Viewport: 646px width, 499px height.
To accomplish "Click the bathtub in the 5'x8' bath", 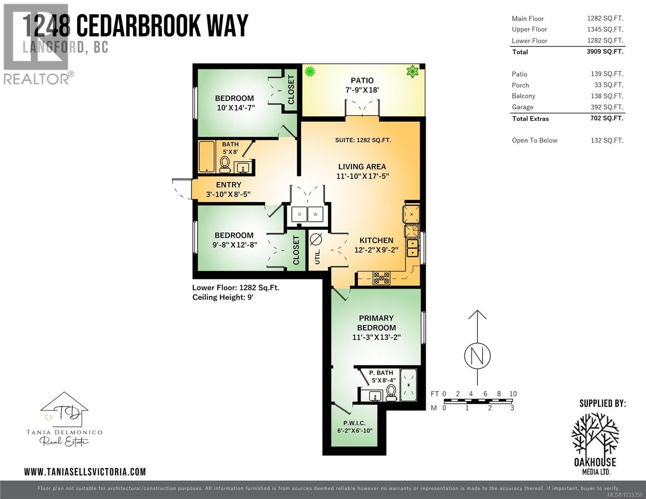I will (207, 157).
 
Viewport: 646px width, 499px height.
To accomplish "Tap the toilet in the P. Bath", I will (391, 393).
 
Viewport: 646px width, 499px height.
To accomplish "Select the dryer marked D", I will (299, 215).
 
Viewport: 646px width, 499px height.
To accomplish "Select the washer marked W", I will (315, 215).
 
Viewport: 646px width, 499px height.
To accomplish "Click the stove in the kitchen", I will (381, 278).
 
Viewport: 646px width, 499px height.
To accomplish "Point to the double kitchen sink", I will (412, 248).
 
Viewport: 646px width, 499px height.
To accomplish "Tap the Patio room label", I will (362, 81).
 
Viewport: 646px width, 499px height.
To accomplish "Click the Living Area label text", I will (362, 167).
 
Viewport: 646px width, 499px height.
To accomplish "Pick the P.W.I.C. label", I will (354, 423).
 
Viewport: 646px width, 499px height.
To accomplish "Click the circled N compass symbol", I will (477, 356).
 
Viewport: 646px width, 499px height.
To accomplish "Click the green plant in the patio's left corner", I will (309, 72).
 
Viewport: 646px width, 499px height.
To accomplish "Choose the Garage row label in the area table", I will (522, 107).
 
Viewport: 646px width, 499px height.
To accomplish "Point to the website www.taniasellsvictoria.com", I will (85, 472).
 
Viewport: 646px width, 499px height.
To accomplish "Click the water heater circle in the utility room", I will (316, 240).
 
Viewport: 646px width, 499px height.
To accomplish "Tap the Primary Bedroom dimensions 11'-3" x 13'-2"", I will (376, 337).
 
